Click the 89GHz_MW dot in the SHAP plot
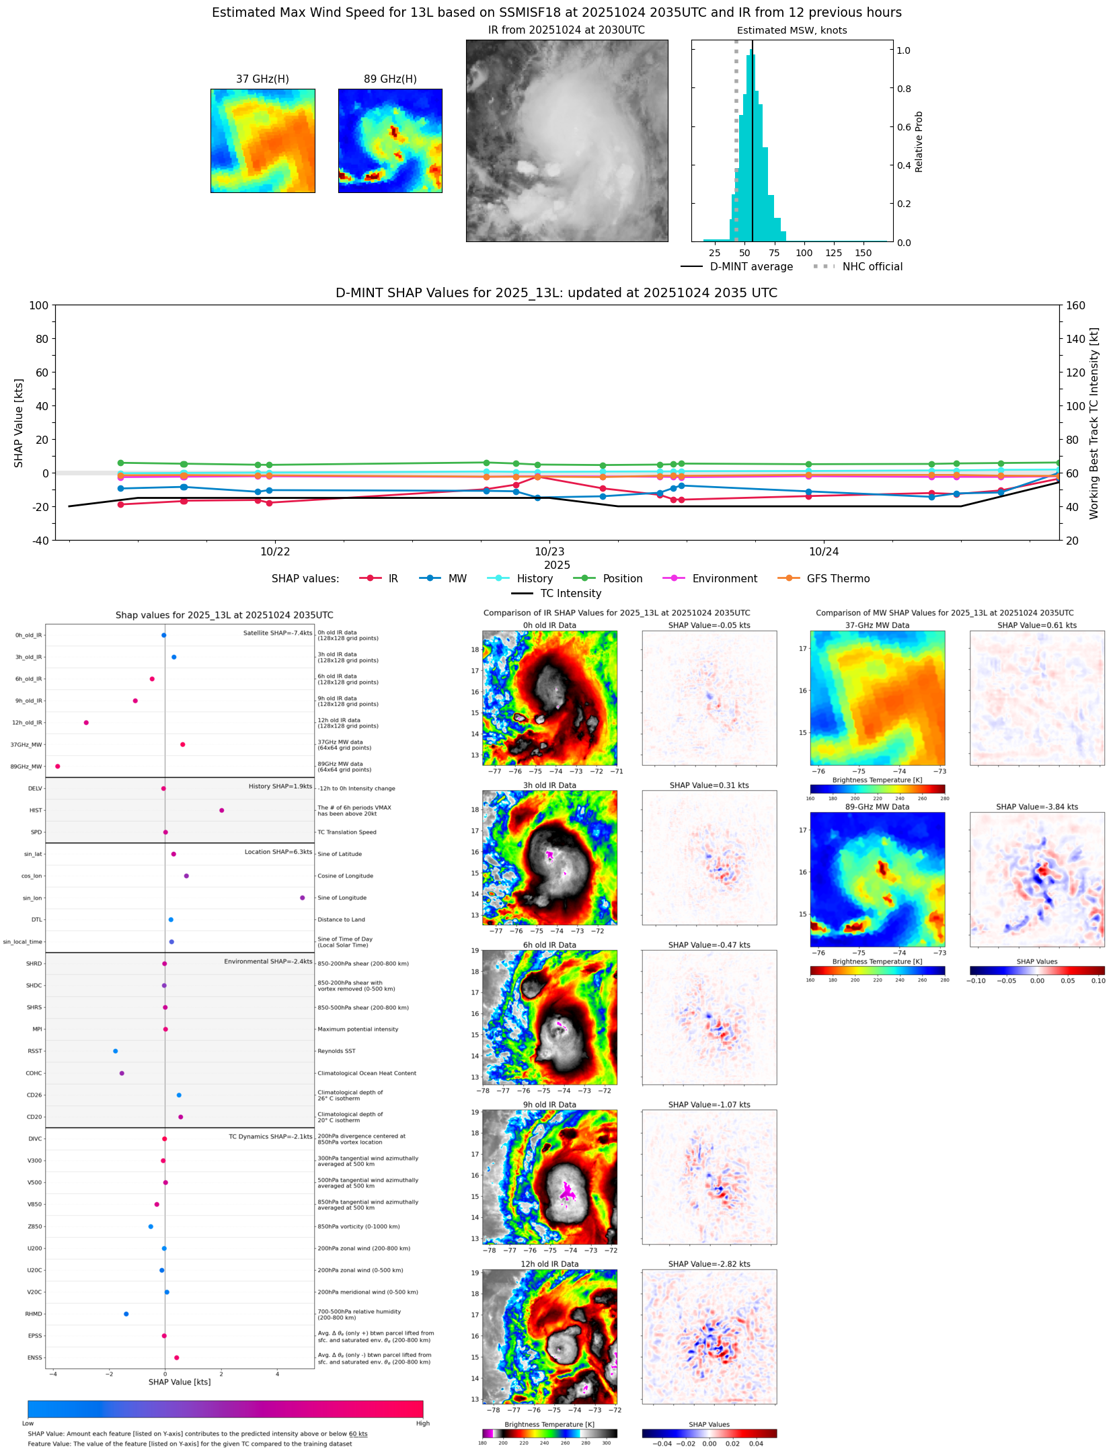click(57, 767)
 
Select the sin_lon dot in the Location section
click(302, 898)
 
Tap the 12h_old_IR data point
click(86, 723)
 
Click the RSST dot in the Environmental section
click(115, 1051)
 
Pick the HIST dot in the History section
click(221, 810)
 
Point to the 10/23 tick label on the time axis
click(549, 552)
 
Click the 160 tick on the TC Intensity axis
click(1075, 305)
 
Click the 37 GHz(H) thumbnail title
click(262, 79)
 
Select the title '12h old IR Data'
click(549, 1264)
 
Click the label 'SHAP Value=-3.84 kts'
click(1036, 807)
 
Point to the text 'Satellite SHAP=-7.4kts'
click(277, 633)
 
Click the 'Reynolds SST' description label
click(336, 1051)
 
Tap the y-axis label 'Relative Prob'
click(919, 142)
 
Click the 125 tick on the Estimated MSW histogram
click(833, 253)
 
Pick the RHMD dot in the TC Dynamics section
click(126, 1314)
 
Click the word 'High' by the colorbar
click(422, 1423)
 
